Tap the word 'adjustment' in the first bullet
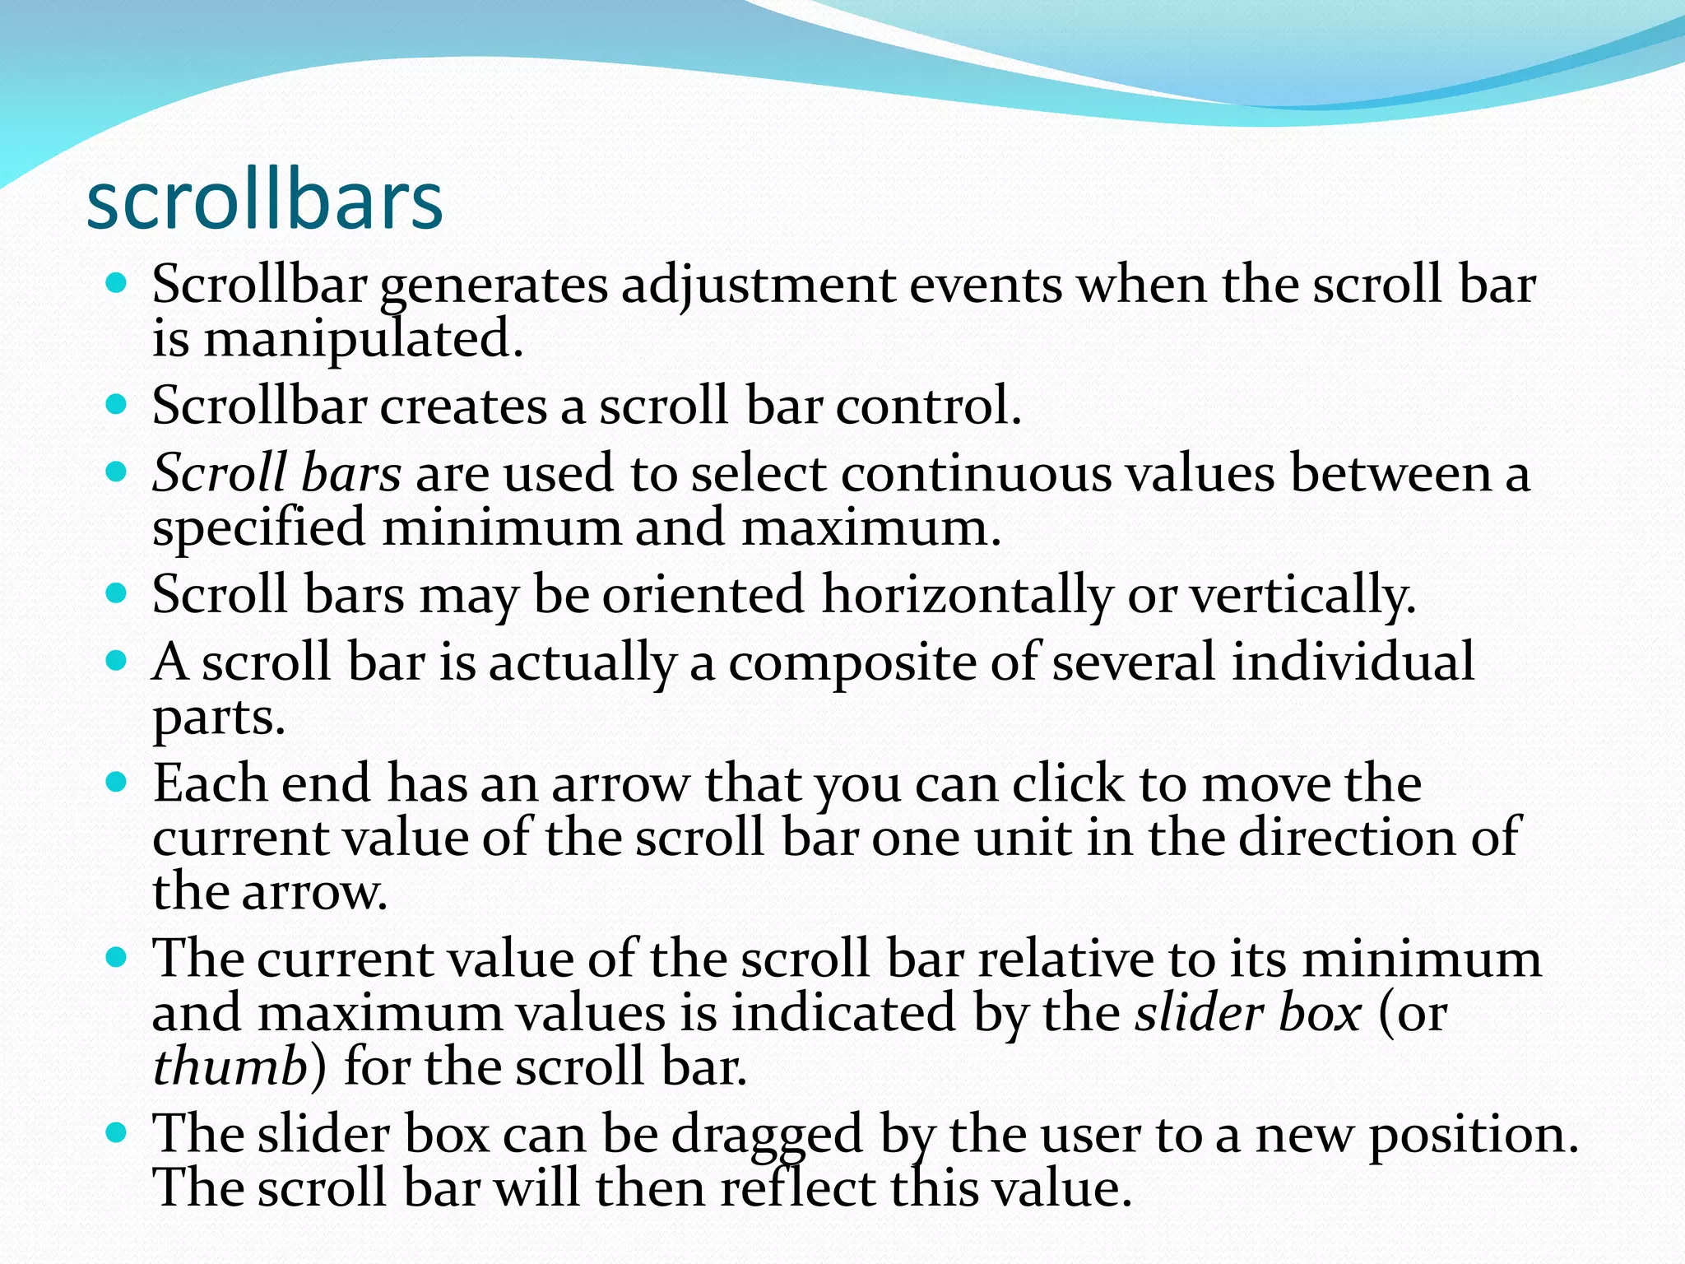coord(758,286)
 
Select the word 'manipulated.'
coord(363,340)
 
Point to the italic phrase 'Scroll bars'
coord(277,474)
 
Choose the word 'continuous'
coord(975,474)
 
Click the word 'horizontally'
coord(967,594)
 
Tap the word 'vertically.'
coord(1303,594)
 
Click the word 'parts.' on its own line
coord(219,718)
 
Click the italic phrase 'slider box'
coord(1247,1013)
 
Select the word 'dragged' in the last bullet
coord(767,1135)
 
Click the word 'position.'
coord(1473,1135)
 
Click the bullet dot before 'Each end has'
coord(117,782)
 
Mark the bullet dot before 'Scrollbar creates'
coord(117,404)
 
